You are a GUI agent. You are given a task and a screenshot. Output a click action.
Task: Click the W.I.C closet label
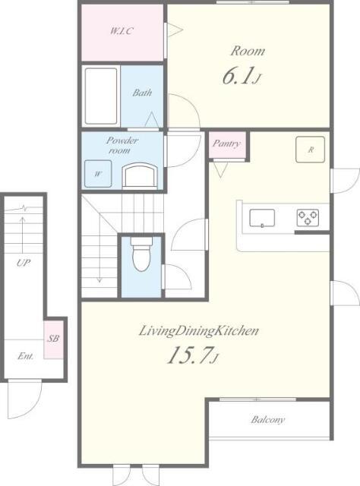tap(122, 31)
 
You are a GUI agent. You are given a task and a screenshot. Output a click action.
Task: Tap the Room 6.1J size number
tap(241, 76)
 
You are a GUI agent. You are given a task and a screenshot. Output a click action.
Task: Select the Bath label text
tap(142, 93)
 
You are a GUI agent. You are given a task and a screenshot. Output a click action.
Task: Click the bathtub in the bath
tap(101, 96)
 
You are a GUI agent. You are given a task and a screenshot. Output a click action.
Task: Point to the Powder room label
tap(122, 145)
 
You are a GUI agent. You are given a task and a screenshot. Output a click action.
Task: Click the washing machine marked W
tap(98, 174)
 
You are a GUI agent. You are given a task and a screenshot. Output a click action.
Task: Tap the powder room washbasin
tap(140, 175)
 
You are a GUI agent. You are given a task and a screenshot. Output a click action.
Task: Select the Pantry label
tap(226, 144)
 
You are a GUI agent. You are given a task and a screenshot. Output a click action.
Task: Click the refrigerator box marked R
tap(311, 150)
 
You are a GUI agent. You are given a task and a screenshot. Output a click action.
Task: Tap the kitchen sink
tap(262, 218)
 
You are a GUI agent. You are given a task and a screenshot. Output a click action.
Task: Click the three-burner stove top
tap(308, 218)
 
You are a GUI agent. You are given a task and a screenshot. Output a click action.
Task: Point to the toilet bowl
tap(141, 254)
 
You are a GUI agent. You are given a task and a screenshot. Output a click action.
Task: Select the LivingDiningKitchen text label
tap(198, 331)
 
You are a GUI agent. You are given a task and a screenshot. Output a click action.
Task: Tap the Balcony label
tap(268, 420)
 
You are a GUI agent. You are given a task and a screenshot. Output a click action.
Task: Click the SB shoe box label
tap(53, 338)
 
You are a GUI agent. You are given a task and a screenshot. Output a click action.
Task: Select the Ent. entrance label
tap(25, 356)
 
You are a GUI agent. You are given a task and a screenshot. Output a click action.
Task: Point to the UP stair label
tap(24, 264)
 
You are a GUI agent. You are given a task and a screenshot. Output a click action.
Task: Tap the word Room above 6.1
tap(248, 51)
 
